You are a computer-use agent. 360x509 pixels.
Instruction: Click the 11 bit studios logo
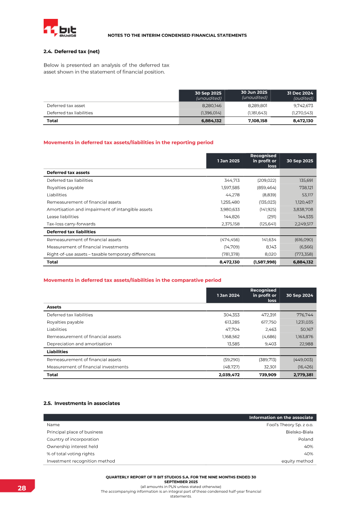coord(60,28)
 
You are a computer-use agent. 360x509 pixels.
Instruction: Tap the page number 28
coord(22,488)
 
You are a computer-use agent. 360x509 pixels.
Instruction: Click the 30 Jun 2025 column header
coord(254,95)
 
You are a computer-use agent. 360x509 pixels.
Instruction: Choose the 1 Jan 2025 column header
coord(229,161)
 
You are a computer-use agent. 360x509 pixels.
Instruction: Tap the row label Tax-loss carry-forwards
coord(71,224)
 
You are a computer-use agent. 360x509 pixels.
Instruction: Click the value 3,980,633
coord(230,209)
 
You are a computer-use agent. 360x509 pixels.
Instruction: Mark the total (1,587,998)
coord(262,261)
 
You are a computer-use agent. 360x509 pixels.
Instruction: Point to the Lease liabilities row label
coord(64,216)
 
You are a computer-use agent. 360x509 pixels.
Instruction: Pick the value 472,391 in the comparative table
coord(266,315)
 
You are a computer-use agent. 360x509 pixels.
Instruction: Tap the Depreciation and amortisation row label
coord(79,343)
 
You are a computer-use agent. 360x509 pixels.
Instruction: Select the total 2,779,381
coord(303,374)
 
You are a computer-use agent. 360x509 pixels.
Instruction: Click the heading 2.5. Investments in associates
coord(81,403)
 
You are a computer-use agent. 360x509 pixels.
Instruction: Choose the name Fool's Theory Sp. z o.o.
coord(290,424)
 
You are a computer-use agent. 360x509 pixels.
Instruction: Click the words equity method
coord(297,461)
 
